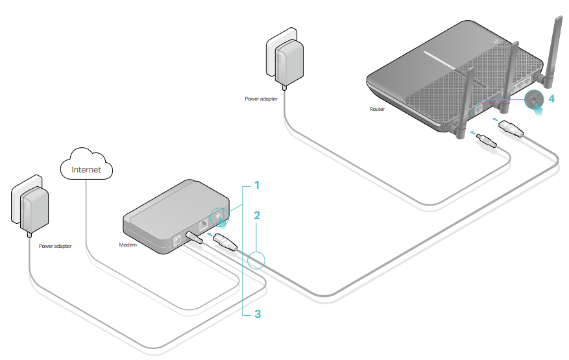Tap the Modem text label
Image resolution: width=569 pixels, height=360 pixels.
tap(128, 245)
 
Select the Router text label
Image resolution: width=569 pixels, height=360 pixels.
tap(377, 110)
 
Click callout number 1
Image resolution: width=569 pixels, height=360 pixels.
tap(256, 186)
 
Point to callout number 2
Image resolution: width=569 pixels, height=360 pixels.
tap(256, 214)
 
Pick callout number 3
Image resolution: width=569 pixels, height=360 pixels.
tap(257, 314)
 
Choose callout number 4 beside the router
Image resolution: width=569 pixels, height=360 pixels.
tap(551, 99)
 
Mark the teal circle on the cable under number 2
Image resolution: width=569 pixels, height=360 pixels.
tap(256, 259)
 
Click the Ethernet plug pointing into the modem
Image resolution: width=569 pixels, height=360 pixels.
tap(224, 244)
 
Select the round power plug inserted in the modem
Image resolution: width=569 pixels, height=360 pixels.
tap(194, 236)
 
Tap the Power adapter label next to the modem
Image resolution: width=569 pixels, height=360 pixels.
tap(55, 246)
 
